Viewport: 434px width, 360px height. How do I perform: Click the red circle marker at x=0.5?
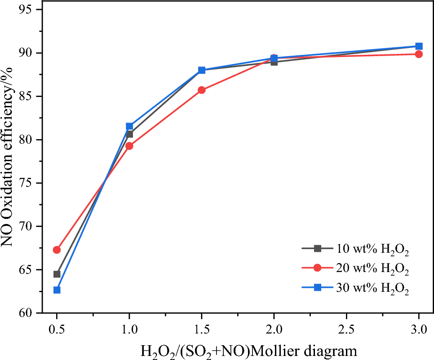(57, 250)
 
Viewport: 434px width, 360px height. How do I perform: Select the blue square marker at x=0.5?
(57, 290)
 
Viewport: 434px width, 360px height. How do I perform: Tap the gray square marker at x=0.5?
(57, 274)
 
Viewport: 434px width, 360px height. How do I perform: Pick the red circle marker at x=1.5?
(202, 90)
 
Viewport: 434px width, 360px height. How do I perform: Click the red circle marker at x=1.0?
(129, 146)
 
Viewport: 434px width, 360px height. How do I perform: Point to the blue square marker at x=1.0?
(129, 126)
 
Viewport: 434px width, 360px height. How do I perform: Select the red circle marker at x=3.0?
(419, 54)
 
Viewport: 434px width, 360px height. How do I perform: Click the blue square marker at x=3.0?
(419, 46)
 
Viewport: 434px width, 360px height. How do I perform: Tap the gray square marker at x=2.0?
(274, 62)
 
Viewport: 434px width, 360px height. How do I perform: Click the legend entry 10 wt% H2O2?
(372, 248)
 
